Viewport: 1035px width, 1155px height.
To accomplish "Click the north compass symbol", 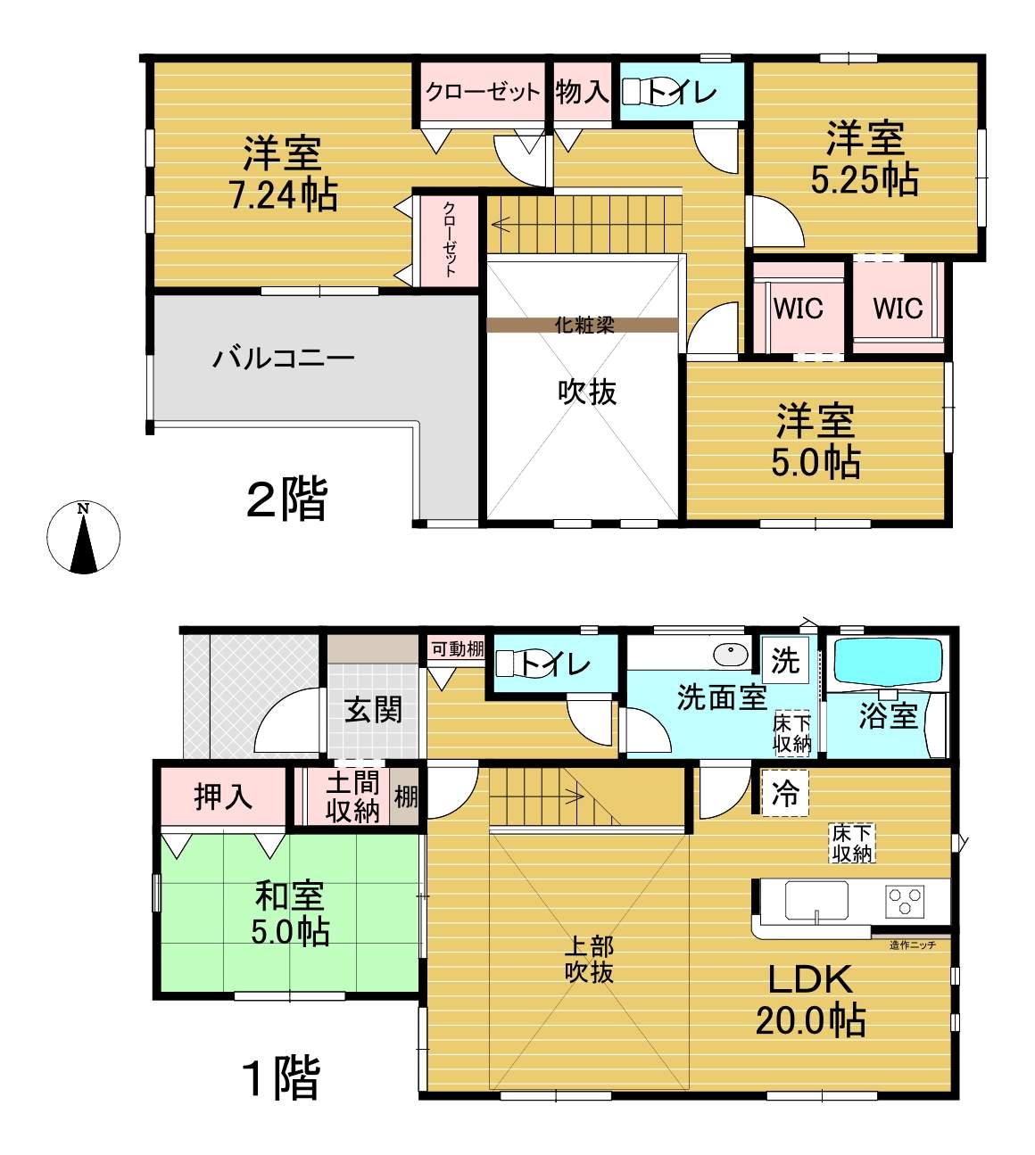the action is (x=83, y=536).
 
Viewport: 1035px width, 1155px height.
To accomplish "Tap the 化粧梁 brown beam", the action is (x=583, y=325).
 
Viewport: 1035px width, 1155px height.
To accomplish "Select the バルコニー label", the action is (x=284, y=359).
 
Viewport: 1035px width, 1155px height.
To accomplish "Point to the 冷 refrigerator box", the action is (x=785, y=793).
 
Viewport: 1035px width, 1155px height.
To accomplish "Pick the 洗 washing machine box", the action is (x=785, y=660).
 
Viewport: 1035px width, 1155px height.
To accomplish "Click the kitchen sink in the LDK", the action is (x=816, y=901).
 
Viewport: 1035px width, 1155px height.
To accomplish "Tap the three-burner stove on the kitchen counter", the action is (x=905, y=901).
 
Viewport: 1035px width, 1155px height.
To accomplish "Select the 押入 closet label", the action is (x=223, y=796).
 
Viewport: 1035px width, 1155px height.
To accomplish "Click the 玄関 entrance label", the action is (x=374, y=710).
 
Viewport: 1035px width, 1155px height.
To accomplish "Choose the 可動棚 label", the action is (x=458, y=648).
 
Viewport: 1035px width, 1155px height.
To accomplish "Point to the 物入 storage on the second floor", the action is (x=583, y=92).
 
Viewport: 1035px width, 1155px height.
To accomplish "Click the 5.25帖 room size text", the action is (x=865, y=181).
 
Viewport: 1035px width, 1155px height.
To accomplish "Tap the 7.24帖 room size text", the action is (x=284, y=195).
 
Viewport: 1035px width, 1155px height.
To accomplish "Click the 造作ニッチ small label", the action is (x=913, y=945).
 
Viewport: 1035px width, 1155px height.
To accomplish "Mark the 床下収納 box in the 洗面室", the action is (x=792, y=734).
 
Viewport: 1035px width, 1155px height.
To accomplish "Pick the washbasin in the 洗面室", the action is (x=731, y=655).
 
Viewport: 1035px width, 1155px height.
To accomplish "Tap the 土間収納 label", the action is (x=352, y=797).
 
